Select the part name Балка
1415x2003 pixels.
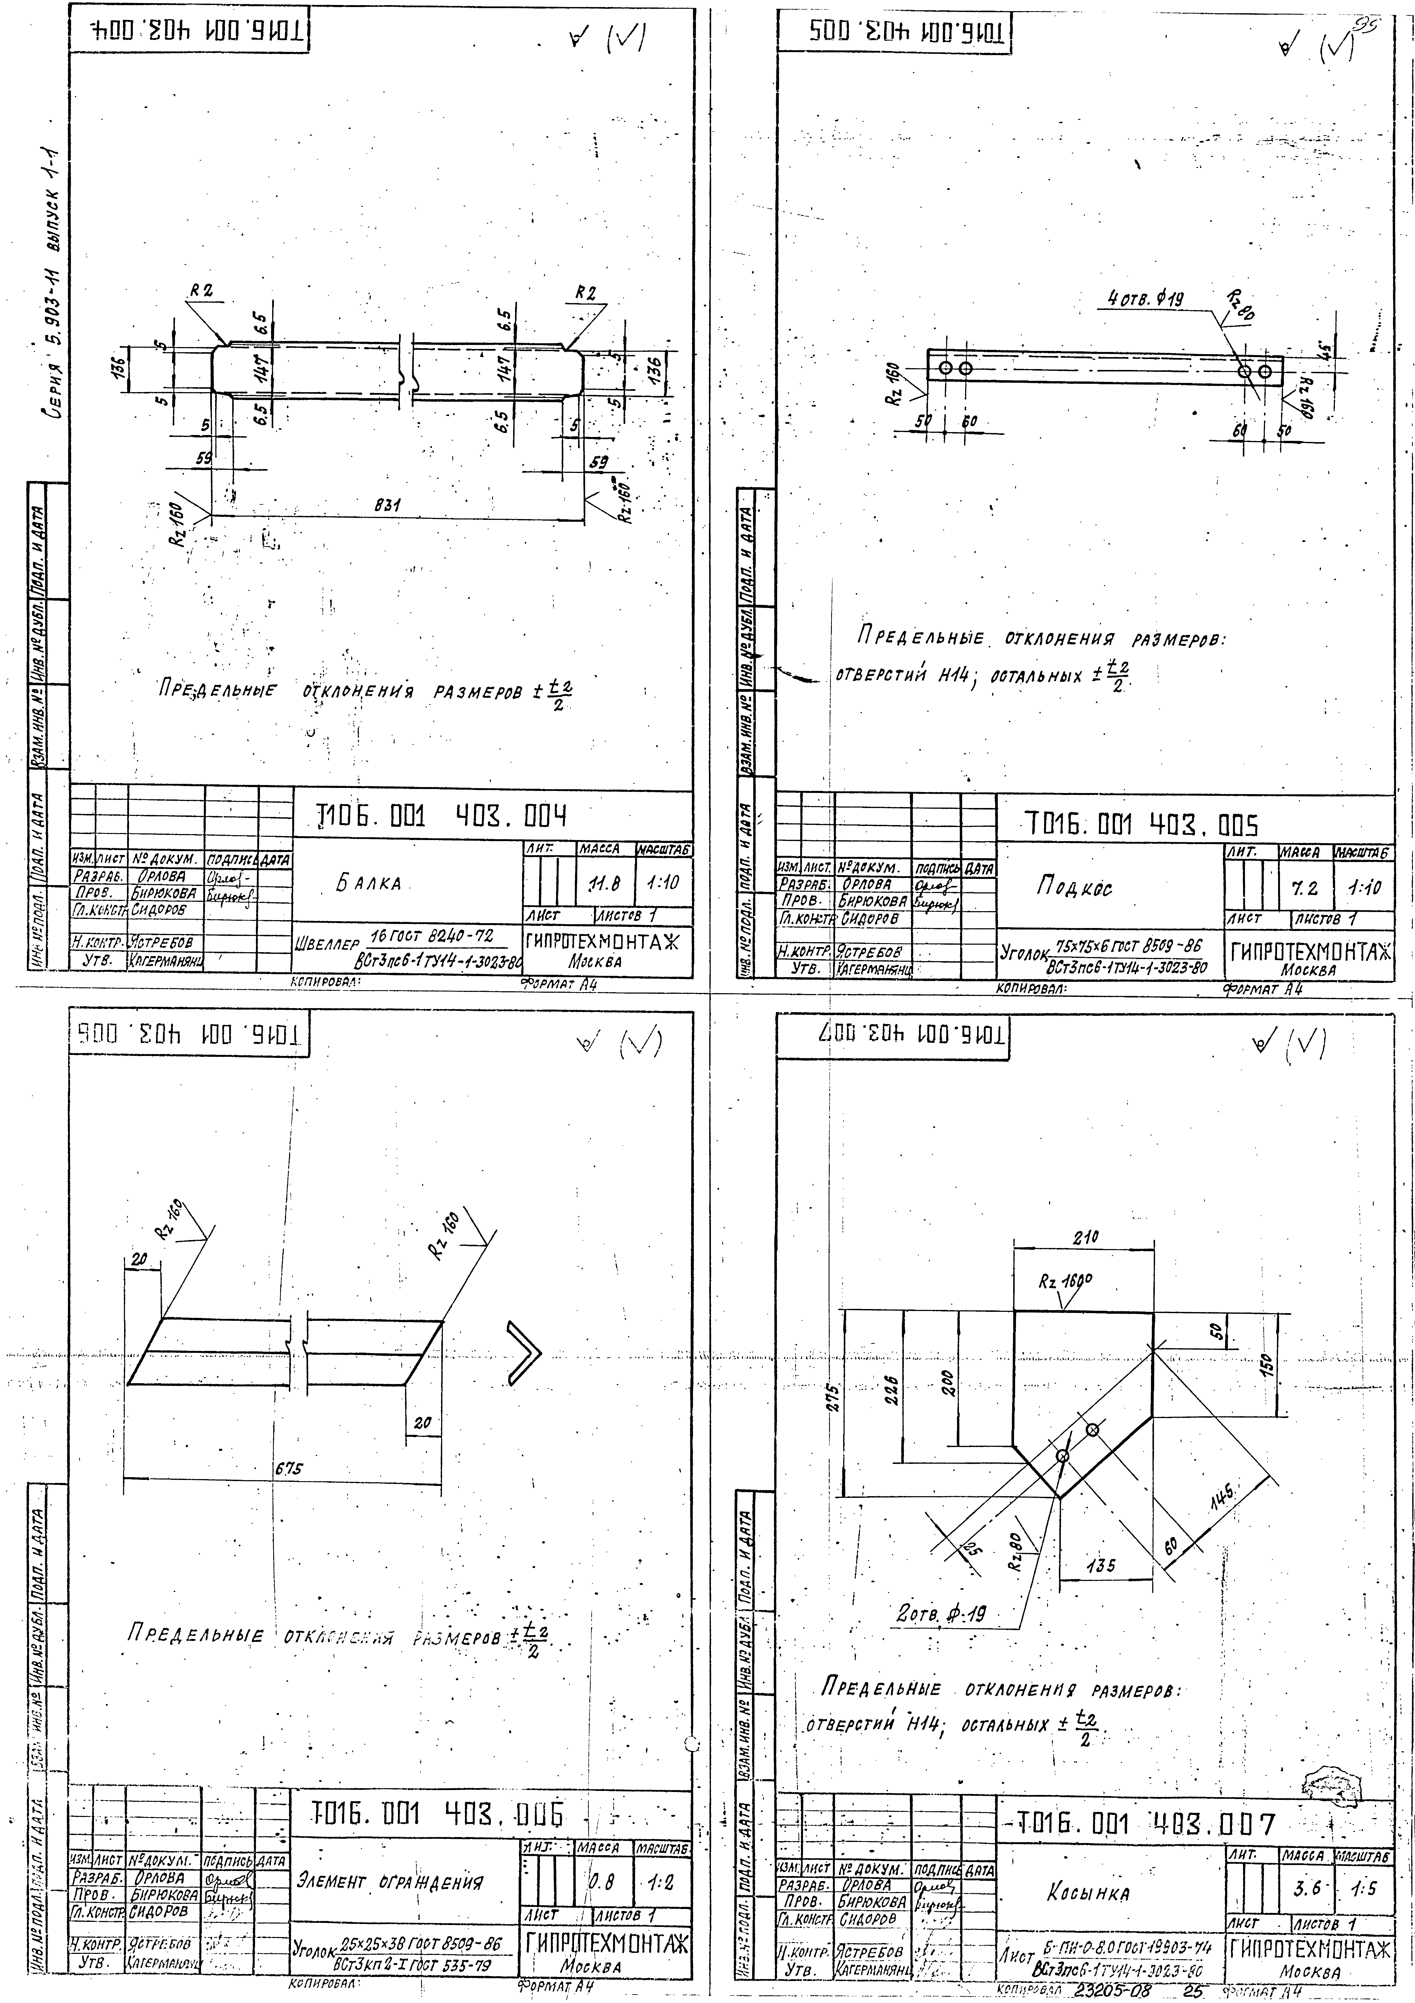point(370,884)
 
